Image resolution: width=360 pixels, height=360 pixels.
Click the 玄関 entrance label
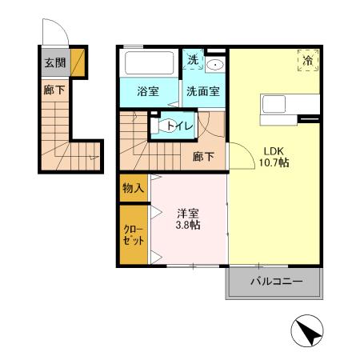coord(54,62)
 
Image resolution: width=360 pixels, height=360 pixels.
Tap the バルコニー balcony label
coord(275,282)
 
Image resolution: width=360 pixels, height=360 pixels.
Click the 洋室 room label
coord(188,213)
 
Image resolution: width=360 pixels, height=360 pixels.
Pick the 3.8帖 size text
coord(188,226)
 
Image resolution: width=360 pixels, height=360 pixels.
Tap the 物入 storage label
coord(133,189)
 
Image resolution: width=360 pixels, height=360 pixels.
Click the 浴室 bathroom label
coord(146,91)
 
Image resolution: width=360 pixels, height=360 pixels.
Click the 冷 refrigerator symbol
coord(308,60)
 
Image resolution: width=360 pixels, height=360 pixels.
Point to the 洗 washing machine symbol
coord(193,60)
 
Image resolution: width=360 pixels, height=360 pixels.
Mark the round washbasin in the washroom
coord(214,65)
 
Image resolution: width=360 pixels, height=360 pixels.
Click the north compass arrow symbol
coord(308,330)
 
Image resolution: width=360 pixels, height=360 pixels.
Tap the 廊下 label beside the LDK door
coord(203,157)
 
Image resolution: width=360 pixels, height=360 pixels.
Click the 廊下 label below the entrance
coord(54,90)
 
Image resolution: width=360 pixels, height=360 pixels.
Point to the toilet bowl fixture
coord(169,126)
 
